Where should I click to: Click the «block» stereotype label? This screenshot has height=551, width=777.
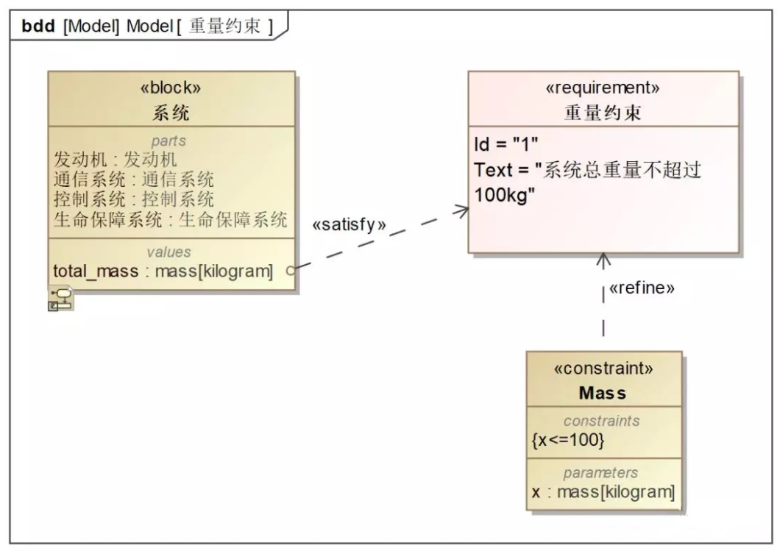click(x=171, y=88)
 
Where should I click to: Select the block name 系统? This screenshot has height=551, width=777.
click(x=171, y=113)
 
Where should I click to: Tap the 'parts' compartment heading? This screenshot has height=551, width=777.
click(x=168, y=141)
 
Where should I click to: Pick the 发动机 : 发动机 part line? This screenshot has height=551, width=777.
click(x=115, y=160)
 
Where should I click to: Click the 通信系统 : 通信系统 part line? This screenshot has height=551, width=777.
click(x=134, y=179)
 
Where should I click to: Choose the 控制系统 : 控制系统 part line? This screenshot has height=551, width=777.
click(x=134, y=199)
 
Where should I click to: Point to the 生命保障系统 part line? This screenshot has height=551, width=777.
click(x=171, y=219)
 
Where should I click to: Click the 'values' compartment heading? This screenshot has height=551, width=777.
click(x=168, y=252)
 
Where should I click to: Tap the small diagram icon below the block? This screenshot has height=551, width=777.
click(x=60, y=299)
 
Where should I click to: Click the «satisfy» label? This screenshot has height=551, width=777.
click(x=349, y=225)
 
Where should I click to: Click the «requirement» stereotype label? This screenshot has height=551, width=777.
click(x=603, y=88)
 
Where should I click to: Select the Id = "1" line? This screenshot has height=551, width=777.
click(x=506, y=144)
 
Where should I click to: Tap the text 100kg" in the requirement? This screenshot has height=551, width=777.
click(x=505, y=195)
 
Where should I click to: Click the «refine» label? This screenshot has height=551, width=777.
click(x=642, y=288)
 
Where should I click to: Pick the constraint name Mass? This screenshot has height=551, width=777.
click(x=603, y=394)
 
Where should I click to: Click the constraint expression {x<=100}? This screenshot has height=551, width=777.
click(x=568, y=440)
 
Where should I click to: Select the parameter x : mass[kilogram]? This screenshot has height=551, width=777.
click(x=603, y=493)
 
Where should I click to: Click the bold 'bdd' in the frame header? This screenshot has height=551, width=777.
click(x=38, y=26)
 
